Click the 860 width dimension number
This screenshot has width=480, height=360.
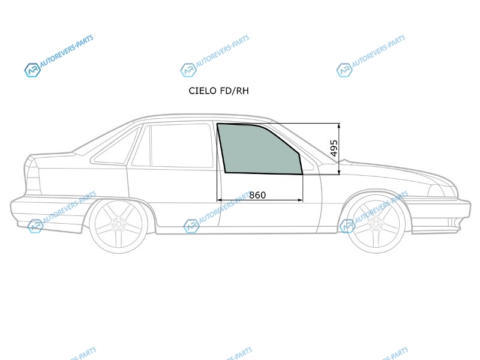point(257,195)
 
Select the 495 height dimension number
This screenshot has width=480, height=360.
point(334,148)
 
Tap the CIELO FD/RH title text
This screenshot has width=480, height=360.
point(218,91)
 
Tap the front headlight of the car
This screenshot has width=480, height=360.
point(442,191)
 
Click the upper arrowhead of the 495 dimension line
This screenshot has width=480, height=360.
point(339,125)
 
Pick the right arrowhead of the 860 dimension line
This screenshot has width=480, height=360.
point(301,200)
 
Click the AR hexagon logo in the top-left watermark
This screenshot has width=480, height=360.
point(32,70)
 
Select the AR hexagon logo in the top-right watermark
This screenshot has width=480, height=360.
point(344,70)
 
